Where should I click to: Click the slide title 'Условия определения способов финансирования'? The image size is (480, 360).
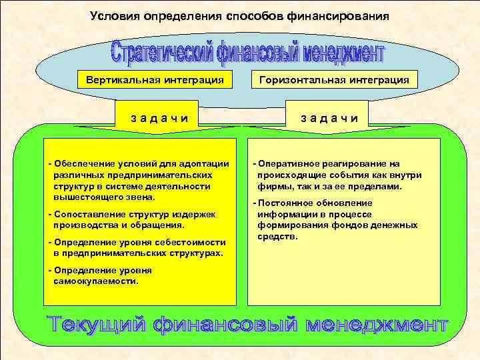pos(239,15)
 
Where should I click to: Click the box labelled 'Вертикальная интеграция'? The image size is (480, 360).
pos(150,81)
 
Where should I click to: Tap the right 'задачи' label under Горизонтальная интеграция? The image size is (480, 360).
pos(329,118)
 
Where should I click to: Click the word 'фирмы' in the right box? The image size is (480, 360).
pos(273,187)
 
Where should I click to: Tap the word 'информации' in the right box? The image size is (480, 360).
pos(282,214)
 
